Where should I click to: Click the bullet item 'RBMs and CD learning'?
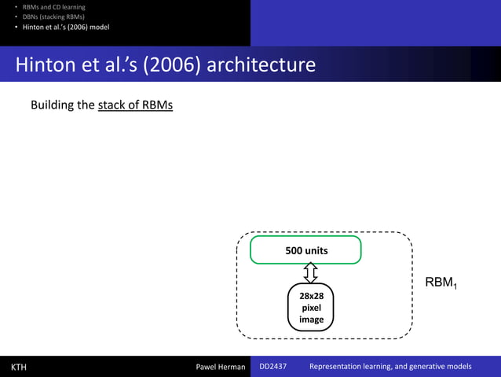point(53,7)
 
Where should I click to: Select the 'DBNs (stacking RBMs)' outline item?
point(53,17)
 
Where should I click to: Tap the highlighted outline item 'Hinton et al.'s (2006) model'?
point(66,27)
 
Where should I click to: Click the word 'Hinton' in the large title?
point(46,64)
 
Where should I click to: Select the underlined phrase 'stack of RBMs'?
point(135,105)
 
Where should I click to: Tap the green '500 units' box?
point(305,250)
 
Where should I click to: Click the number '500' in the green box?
point(294,250)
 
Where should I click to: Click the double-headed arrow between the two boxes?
point(310,272)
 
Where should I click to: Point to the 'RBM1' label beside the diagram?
point(441,283)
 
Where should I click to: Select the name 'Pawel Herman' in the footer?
point(220,367)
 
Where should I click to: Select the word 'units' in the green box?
point(316,250)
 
